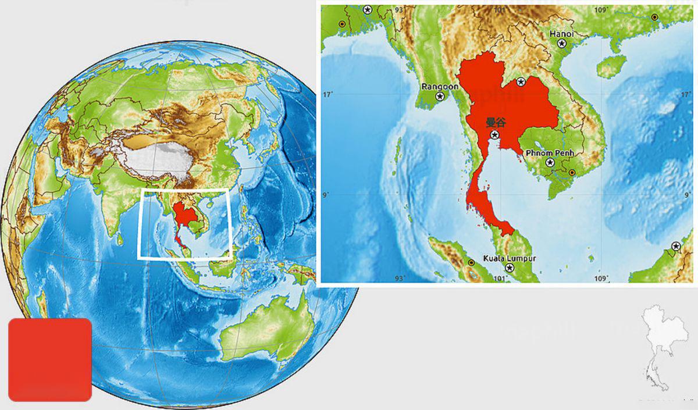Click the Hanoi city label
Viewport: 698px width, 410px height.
[561, 34]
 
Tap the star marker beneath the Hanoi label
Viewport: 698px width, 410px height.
[562, 44]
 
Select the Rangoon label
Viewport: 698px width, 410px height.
[440, 87]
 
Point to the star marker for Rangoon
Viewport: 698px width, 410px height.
[440, 97]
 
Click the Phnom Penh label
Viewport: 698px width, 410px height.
[550, 152]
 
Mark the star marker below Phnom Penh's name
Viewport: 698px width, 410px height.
[550, 163]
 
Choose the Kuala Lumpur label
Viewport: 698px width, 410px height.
[510, 258]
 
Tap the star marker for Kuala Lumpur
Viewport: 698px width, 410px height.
[510, 268]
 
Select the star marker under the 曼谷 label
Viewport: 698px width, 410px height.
[494, 135]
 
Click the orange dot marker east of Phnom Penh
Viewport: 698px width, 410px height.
[572, 173]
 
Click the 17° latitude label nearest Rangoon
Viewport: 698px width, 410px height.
[329, 94]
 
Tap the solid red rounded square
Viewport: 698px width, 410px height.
[50, 359]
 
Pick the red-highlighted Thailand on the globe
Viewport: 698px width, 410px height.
[186, 219]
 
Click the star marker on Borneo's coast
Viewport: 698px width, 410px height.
[676, 247]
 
